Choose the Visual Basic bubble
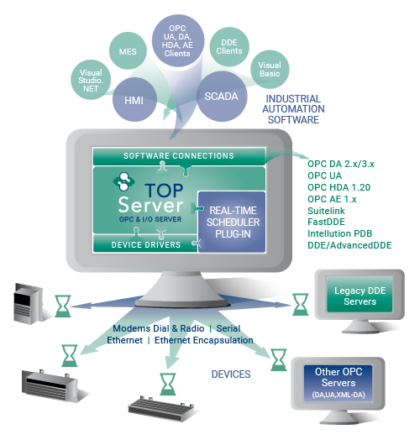tap(269, 69)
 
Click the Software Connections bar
tap(178, 156)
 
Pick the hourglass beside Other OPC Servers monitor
tap(275, 359)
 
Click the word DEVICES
tap(228, 374)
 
